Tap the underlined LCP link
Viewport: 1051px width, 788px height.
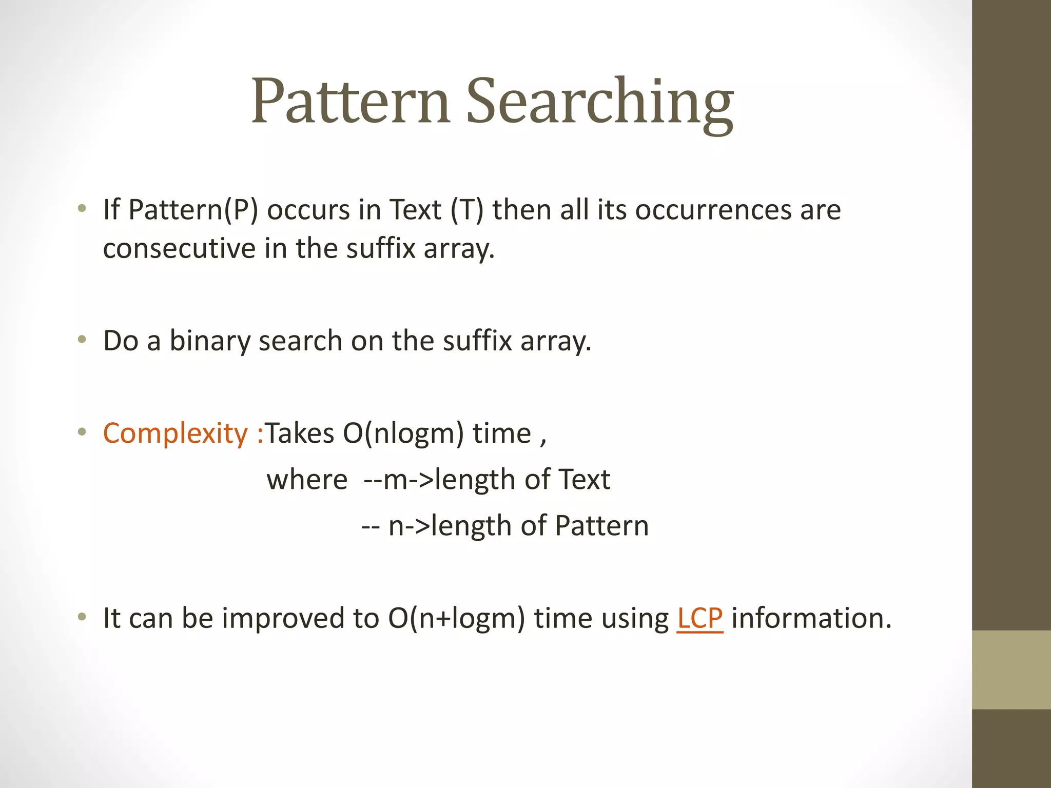(699, 618)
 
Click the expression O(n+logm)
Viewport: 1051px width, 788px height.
(456, 618)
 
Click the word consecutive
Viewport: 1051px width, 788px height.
(179, 248)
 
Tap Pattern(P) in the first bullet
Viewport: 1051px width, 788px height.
(193, 210)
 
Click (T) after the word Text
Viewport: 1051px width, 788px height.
(466, 210)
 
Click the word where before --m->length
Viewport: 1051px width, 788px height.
(307, 480)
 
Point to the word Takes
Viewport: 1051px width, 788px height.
(299, 433)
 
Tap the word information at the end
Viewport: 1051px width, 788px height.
(811, 618)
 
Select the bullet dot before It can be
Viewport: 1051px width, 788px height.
(82, 617)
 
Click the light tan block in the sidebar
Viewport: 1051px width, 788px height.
(1011, 669)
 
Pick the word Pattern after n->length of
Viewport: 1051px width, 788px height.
(601, 526)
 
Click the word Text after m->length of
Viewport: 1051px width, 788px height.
(583, 480)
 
